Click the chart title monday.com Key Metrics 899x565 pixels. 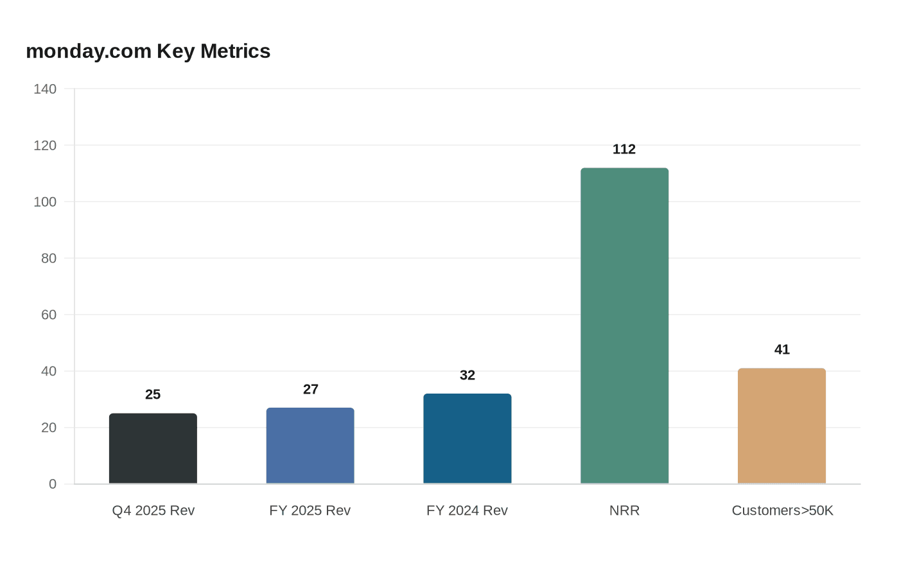[148, 51]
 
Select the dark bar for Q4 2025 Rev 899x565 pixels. [153, 449]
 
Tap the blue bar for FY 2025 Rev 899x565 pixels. [310, 446]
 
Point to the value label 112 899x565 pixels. [624, 150]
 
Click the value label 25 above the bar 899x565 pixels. [153, 395]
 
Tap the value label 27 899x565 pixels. [310, 390]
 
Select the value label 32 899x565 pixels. [467, 376]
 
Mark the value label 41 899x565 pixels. [781, 350]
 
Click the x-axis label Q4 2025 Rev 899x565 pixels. [153, 510]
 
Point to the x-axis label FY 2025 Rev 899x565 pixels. [310, 510]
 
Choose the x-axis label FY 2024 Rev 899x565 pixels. [467, 510]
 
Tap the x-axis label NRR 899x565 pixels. [624, 510]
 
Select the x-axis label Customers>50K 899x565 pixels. [782, 510]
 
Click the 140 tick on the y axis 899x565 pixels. [45, 89]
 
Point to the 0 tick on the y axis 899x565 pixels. [53, 484]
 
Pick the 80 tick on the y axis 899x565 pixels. [49, 258]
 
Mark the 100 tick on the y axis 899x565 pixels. [45, 202]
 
